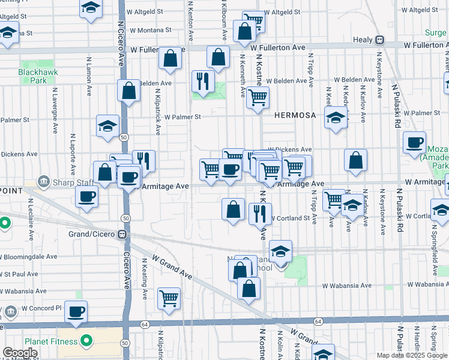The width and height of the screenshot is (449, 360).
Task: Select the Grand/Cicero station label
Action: [95, 233]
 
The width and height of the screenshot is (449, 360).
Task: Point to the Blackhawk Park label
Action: [32, 76]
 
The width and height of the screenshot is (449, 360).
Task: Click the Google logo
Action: [20, 353]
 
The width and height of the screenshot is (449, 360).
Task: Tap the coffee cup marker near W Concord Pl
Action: [76, 312]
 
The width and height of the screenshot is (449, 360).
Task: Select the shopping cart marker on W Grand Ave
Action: [169, 298]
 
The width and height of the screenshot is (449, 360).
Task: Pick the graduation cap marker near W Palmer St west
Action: [107, 126]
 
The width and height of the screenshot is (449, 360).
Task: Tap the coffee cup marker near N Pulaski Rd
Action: [414, 143]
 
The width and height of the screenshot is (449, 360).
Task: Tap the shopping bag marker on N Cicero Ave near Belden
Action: [128, 91]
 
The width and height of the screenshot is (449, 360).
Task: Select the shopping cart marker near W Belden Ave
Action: [258, 97]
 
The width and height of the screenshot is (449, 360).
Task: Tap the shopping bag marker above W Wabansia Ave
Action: [248, 288]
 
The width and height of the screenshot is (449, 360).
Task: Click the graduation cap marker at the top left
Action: [91, 8]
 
